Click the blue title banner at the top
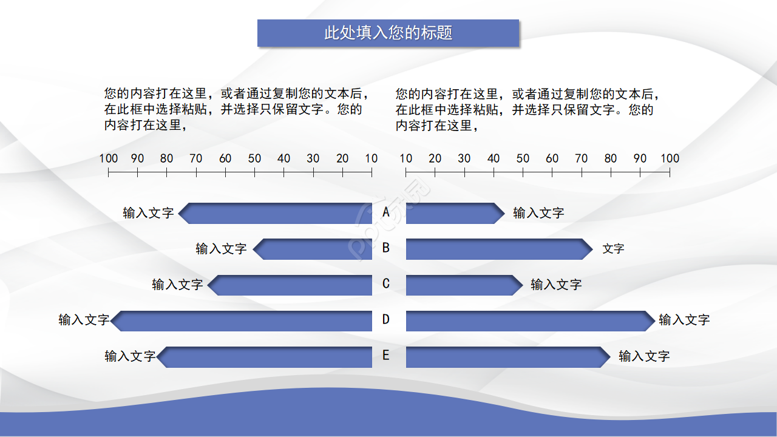pos(388,33)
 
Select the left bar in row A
pos(276,213)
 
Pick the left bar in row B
pos(313,249)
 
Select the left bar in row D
pos(243,320)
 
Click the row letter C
pos(386,283)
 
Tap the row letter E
pos(386,356)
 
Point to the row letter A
pos(386,212)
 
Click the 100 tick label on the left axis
pos(109,158)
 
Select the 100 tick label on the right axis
pos(670,158)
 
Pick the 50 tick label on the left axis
pos(254,158)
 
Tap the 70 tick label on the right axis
pos(582,158)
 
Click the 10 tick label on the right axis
pos(406,158)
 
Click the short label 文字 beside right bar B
pos(613,249)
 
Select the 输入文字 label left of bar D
pos(84,320)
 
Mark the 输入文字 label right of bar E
pos(644,356)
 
